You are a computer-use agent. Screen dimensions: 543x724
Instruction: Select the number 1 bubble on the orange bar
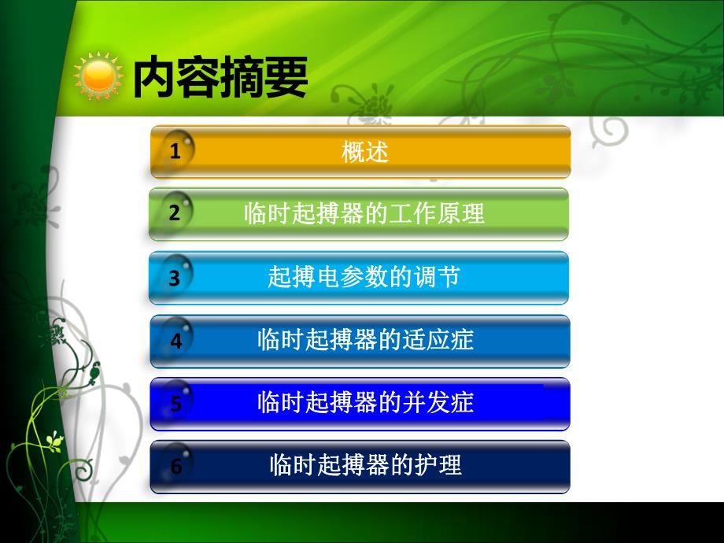[175, 151]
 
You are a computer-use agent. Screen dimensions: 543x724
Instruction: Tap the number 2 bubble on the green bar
[175, 213]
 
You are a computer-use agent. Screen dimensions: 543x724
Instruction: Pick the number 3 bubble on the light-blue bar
[175, 277]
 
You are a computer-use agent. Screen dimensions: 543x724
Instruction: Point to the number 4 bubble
[175, 341]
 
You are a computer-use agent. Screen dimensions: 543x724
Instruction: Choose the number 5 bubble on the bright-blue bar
[175, 403]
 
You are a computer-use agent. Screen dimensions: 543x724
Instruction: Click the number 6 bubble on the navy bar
[175, 466]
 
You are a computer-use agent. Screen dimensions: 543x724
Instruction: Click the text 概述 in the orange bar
[365, 151]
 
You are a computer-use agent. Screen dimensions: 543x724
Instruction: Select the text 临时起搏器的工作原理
[364, 213]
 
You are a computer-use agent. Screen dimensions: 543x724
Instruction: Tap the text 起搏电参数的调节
[364, 277]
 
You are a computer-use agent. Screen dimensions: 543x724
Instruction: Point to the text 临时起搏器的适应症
[365, 340]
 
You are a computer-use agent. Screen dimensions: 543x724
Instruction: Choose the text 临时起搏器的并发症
[365, 403]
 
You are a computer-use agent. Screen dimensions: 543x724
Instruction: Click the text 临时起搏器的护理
[365, 465]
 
